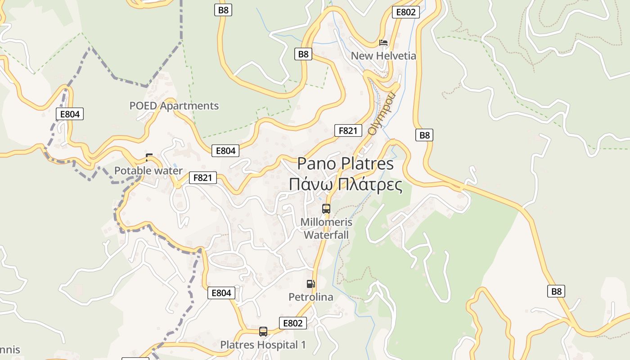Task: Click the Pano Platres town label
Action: coord(345,163)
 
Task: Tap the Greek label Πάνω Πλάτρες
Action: coord(345,184)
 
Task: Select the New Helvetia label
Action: coord(383,56)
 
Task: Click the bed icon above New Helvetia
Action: coord(383,43)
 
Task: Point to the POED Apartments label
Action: coord(174,106)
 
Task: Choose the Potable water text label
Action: coord(148,171)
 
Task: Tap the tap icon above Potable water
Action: coord(149,157)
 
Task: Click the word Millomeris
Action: coord(326,222)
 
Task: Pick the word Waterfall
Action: coord(326,235)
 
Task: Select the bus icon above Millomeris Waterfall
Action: coord(326,209)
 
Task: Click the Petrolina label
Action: coord(310,297)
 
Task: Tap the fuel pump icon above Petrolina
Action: coord(310,284)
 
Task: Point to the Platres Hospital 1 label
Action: coord(263,345)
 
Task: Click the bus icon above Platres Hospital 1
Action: coord(263,332)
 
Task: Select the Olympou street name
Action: coord(381,113)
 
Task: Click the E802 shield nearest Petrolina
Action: coord(292,323)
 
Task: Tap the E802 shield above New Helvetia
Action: coord(405,12)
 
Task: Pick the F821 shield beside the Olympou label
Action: coord(348,130)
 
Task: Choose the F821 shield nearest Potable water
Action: coord(202,178)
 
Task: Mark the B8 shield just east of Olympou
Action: coord(424,135)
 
